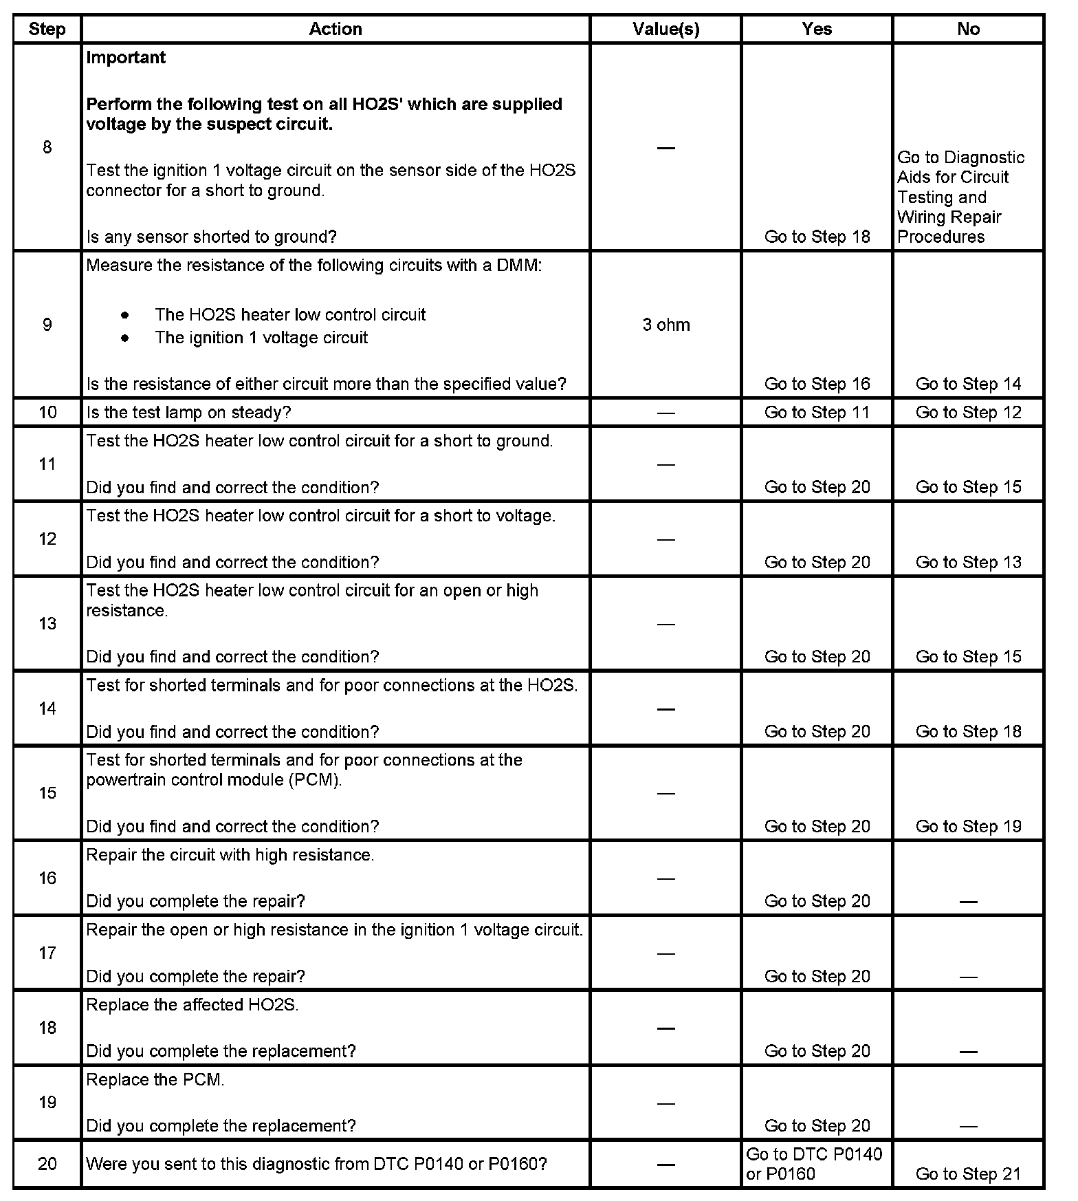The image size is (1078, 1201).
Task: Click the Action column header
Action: click(x=335, y=29)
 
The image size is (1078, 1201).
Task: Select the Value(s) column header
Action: click(x=665, y=29)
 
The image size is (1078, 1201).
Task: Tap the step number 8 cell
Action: click(x=47, y=147)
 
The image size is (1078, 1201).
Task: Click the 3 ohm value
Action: click(x=665, y=325)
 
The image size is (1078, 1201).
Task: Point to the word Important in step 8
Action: click(x=126, y=58)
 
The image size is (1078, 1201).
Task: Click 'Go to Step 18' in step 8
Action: click(x=817, y=237)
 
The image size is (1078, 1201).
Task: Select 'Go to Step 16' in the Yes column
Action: click(x=817, y=384)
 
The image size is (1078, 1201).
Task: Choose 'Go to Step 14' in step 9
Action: click(x=968, y=384)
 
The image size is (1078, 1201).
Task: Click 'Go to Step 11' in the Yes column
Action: click(x=817, y=412)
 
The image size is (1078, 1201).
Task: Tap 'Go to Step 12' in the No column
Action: click(x=968, y=412)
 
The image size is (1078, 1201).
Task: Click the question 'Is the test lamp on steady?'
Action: click(x=188, y=413)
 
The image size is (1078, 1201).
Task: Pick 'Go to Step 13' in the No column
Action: click(x=968, y=562)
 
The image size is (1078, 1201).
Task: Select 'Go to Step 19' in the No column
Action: click(x=968, y=826)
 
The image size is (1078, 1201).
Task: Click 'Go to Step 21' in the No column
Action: click(x=968, y=1174)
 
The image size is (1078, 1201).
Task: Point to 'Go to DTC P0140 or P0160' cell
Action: click(x=815, y=1164)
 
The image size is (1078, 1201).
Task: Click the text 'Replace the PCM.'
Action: click(x=155, y=1080)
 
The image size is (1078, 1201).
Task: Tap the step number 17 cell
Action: click(x=47, y=953)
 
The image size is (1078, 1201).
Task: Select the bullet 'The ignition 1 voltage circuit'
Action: click(x=261, y=338)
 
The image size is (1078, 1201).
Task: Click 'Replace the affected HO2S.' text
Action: click(x=192, y=1005)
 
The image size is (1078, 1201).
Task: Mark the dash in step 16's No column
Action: click(x=968, y=902)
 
